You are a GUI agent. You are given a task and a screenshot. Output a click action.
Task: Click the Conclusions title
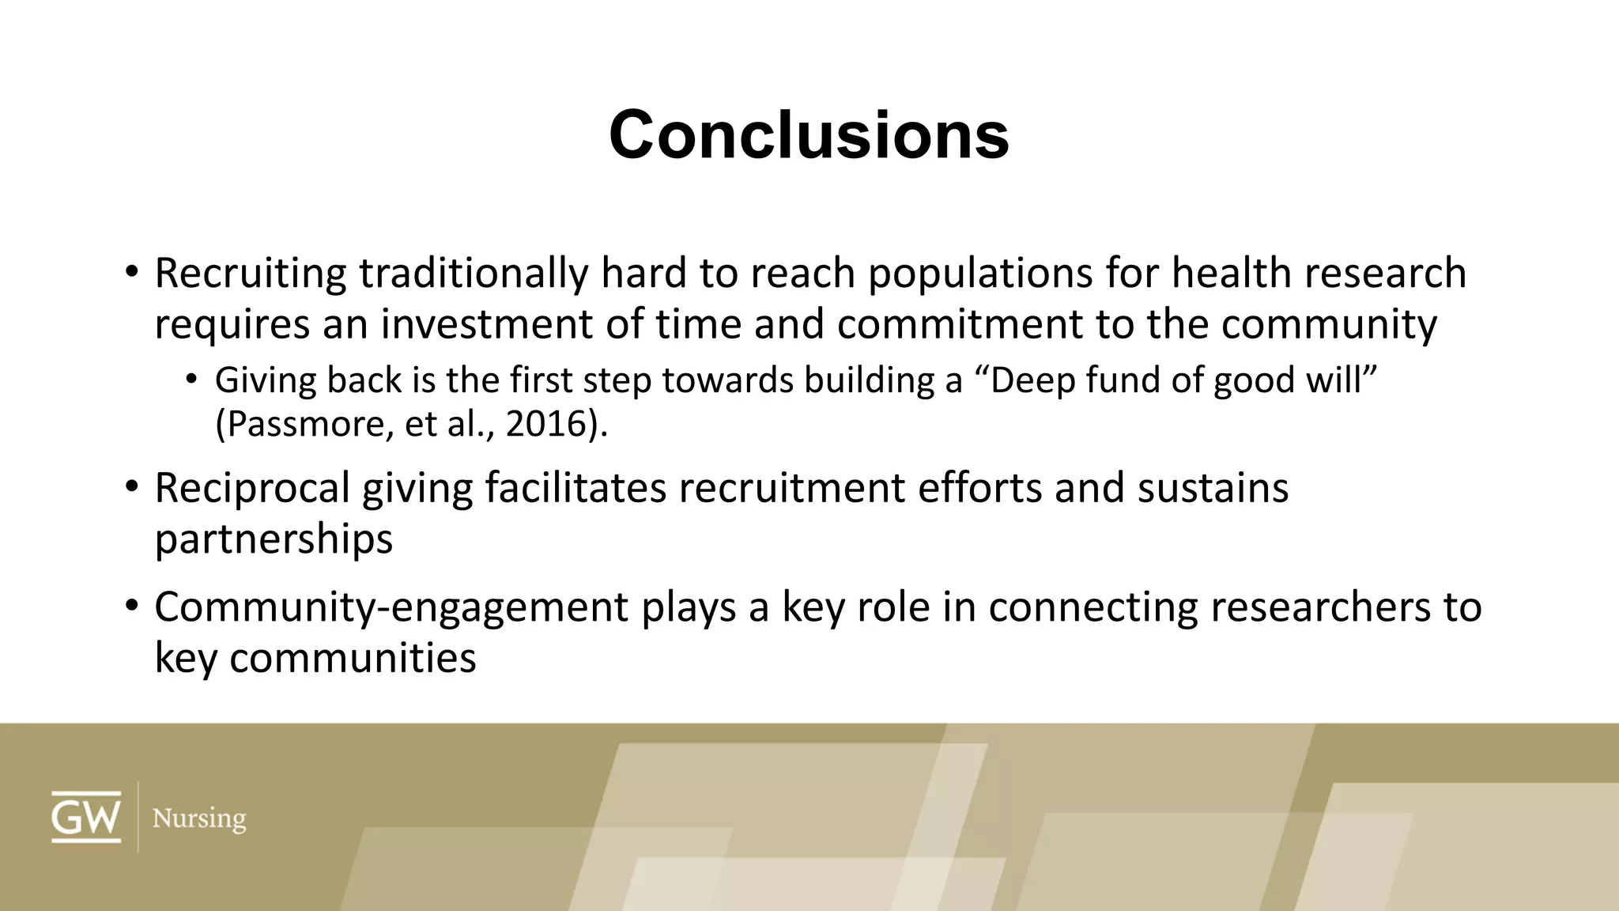(809, 135)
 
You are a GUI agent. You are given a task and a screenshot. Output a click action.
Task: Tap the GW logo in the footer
(86, 817)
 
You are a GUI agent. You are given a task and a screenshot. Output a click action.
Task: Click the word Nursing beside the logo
(198, 818)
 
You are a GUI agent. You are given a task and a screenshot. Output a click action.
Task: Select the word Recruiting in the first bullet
(250, 274)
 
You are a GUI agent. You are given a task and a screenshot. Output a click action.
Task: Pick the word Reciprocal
(251, 488)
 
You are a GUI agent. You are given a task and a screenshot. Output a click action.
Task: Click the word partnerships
(274, 539)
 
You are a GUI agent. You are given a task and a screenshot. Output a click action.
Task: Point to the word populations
(979, 274)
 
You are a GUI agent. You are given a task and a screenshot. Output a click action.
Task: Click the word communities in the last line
(353, 658)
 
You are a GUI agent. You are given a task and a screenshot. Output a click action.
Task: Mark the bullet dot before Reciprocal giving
(131, 486)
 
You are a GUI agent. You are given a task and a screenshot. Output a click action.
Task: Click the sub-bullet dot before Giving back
(191, 380)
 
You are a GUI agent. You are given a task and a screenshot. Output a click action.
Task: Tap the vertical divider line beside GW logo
(138, 817)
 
